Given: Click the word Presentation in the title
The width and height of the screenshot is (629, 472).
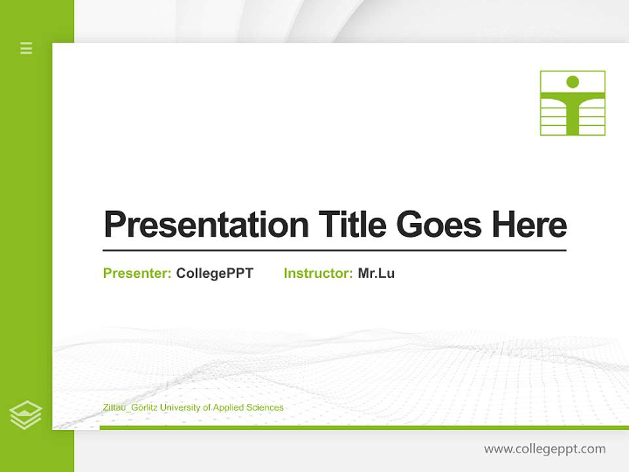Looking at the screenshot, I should tap(206, 225).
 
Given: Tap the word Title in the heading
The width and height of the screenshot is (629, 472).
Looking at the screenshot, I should tap(352, 225).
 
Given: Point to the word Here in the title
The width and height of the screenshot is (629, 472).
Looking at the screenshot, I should tap(529, 225).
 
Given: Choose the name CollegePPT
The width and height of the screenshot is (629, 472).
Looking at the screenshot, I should tap(214, 273).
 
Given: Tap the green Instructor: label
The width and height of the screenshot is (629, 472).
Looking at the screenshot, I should tap(318, 273).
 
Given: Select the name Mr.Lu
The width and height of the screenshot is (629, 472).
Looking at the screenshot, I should tap(376, 273).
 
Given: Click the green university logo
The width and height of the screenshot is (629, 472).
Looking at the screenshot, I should tap(572, 103).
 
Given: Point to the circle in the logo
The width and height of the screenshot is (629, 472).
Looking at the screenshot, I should tap(572, 82).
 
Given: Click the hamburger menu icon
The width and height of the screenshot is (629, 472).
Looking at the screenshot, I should tap(26, 48).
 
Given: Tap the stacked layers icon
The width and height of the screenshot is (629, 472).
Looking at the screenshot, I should tap(26, 415).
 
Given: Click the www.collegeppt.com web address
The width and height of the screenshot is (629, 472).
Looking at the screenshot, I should tap(544, 449).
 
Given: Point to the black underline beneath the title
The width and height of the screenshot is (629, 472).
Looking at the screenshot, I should tap(334, 250).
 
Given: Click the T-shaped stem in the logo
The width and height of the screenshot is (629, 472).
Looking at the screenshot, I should tap(572, 118).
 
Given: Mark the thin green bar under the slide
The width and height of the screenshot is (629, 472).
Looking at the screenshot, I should tap(364, 427).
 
